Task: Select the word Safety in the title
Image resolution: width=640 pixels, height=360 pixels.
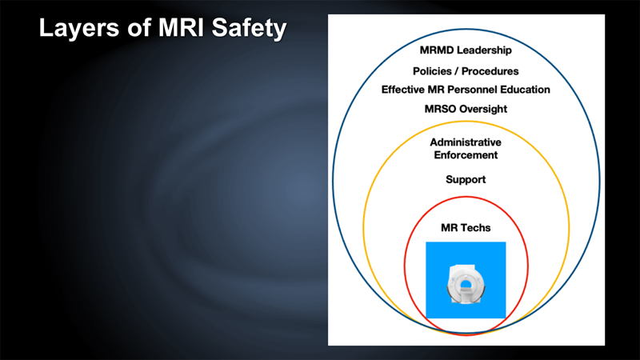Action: pos(250,28)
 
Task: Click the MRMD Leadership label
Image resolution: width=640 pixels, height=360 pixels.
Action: pos(466,50)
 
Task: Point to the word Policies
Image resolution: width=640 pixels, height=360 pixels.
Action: pos(432,71)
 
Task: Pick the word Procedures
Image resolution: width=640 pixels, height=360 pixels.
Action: pos(490,71)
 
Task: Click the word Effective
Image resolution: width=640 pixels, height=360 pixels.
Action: pos(403,90)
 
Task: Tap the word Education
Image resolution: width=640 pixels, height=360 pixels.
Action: pos(525,90)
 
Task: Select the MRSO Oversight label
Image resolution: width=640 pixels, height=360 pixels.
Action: pos(466,109)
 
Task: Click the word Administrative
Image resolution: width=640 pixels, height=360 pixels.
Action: pos(466,142)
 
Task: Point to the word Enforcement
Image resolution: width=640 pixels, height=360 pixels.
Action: pos(466,155)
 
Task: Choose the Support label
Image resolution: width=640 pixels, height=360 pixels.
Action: pos(466,179)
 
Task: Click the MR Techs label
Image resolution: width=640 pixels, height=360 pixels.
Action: pos(466,228)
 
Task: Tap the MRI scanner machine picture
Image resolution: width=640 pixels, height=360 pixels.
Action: pos(466,284)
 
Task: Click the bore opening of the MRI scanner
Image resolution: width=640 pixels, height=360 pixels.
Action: pos(466,283)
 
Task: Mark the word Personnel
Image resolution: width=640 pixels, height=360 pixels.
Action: pos(474,90)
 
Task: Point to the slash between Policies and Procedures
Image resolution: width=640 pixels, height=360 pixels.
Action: pos(456,71)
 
